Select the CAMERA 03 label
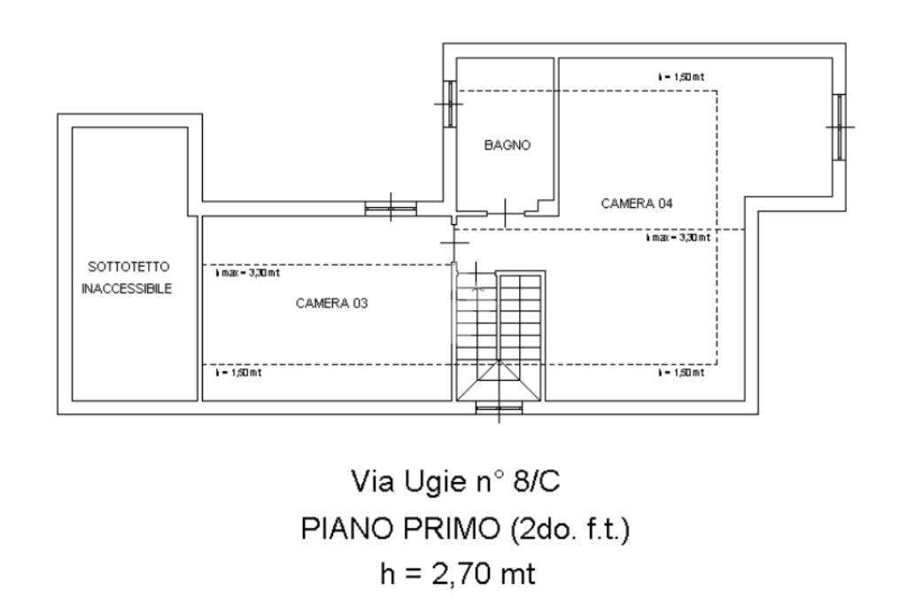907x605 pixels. [331, 303]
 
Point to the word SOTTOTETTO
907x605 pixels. [127, 267]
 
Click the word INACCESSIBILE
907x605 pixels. [127, 289]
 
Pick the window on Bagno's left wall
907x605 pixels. [449, 104]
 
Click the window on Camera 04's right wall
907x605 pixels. [838, 127]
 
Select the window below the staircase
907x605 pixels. [500, 408]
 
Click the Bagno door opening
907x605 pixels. [504, 213]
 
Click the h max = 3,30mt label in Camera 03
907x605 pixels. [243, 274]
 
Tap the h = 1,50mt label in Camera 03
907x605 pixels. [238, 373]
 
